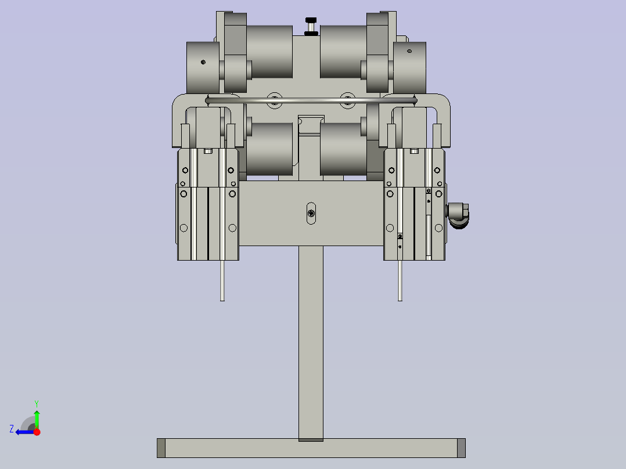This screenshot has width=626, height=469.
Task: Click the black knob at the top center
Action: tap(311, 26)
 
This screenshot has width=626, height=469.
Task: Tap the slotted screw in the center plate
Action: tap(312, 214)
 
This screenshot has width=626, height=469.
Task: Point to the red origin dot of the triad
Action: tap(36, 432)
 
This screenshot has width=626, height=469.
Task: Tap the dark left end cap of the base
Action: tap(161, 448)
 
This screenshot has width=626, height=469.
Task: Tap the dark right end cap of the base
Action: tap(461, 448)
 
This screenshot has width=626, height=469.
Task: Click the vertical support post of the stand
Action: tap(311, 342)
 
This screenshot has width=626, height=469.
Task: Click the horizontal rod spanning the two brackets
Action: tap(311, 100)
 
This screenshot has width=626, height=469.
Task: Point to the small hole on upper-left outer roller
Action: tap(203, 62)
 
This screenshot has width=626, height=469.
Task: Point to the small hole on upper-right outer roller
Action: tap(409, 51)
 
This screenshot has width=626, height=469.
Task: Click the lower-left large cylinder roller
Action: tap(269, 149)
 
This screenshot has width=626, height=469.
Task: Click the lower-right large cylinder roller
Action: tap(343, 149)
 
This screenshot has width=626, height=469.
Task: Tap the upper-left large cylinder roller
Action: tap(269, 52)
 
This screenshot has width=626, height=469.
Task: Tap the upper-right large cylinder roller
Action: tap(343, 52)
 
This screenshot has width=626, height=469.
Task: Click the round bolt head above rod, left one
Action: tap(274, 96)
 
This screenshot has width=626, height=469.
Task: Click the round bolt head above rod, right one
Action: tap(347, 96)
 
